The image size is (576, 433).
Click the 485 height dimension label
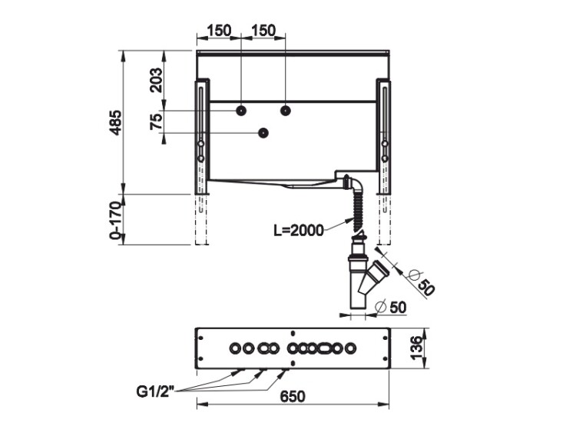(116, 122)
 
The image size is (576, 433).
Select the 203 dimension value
(156, 79)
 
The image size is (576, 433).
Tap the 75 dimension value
(156, 122)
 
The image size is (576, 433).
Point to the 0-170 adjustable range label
(115, 221)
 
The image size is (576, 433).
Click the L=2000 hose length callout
(299, 231)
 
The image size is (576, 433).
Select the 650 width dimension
(293, 397)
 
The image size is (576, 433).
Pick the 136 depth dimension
(415, 348)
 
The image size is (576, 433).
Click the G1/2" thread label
(155, 391)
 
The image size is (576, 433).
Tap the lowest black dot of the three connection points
(263, 133)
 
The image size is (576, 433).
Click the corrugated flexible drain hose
(356, 212)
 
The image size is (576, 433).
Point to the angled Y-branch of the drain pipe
(372, 277)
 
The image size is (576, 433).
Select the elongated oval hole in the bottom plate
(326, 348)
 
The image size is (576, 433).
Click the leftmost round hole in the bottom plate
(235, 348)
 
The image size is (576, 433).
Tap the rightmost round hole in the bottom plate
(350, 348)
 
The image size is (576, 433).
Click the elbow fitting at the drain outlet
(352, 184)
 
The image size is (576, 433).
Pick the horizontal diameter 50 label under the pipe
(391, 307)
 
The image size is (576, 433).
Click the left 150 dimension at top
(220, 31)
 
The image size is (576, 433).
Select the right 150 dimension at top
(263, 31)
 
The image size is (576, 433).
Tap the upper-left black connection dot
(241, 111)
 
